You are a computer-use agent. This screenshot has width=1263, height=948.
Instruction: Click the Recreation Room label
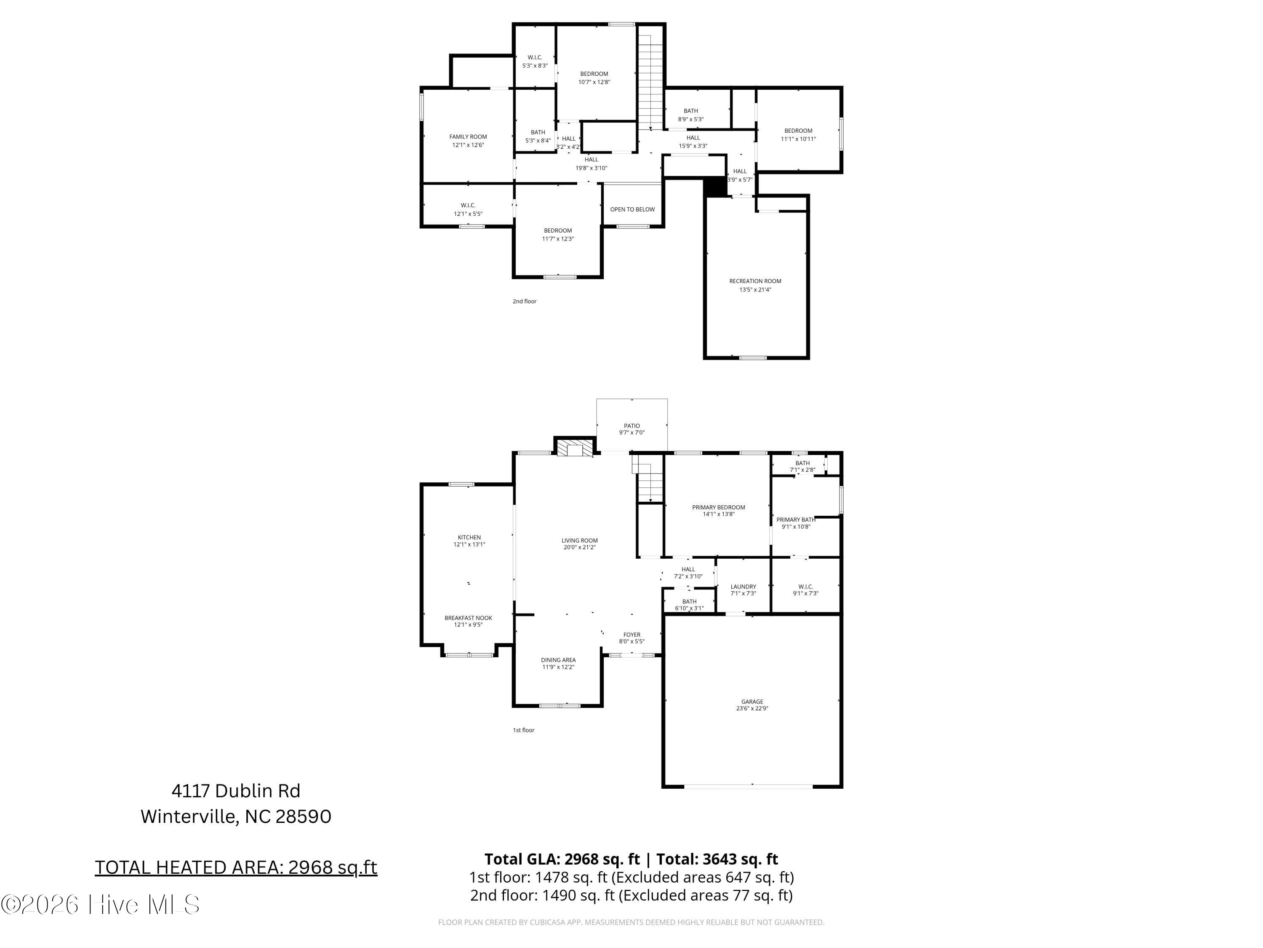(x=755, y=281)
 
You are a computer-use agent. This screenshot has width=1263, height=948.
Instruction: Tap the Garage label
(x=752, y=702)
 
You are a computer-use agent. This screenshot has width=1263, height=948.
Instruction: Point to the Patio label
(x=631, y=426)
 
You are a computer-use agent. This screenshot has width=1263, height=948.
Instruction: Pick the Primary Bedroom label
(x=718, y=507)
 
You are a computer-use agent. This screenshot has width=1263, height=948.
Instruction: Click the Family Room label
(x=468, y=137)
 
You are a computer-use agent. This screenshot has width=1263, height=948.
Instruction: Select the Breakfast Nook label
(x=468, y=618)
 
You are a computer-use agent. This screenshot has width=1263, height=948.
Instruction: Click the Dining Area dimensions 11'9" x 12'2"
(x=558, y=667)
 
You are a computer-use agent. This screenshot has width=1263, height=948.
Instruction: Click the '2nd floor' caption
(x=524, y=301)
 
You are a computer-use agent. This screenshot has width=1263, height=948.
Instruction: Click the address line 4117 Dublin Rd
(x=236, y=791)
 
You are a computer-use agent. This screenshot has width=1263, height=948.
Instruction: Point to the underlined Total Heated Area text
(x=236, y=868)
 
